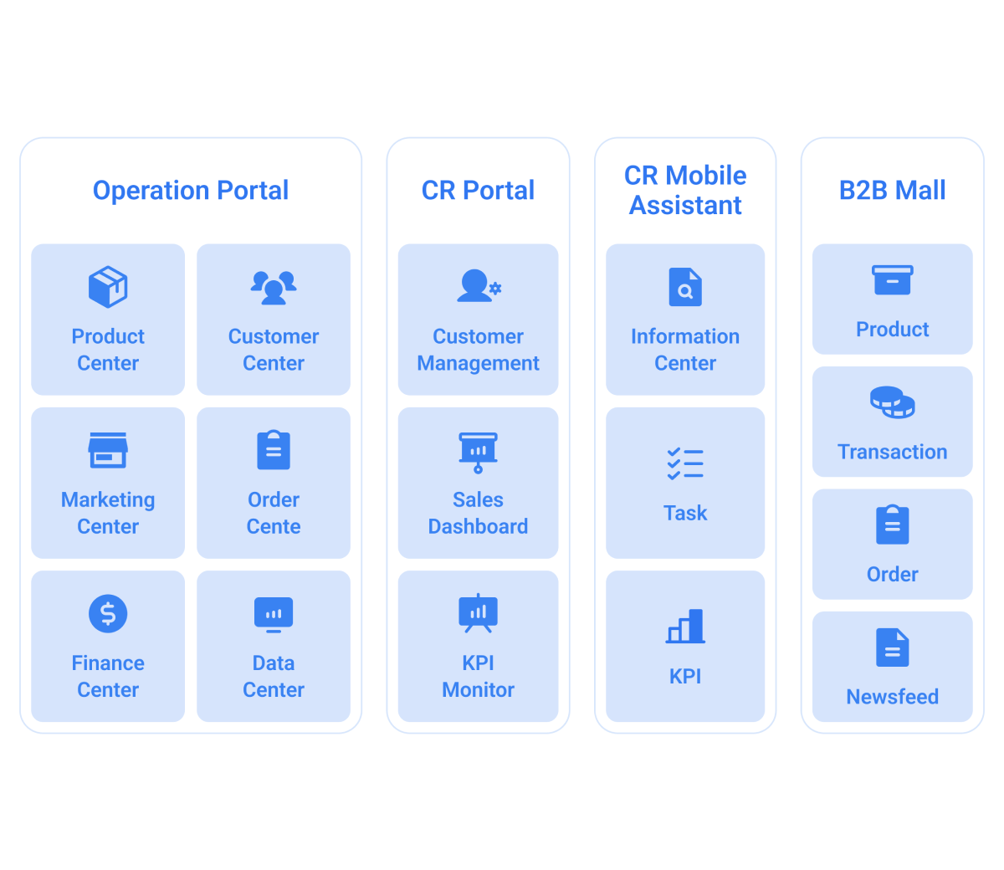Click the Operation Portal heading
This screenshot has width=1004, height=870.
point(191,191)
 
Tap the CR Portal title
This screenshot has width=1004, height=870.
point(478,191)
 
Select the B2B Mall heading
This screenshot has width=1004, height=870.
point(892,191)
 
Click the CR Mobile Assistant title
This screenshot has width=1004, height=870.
point(685,190)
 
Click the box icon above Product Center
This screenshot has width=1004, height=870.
point(108,287)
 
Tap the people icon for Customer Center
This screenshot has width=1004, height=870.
point(274,287)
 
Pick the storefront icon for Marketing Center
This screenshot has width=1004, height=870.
point(108,450)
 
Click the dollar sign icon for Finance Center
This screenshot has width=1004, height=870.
point(108,613)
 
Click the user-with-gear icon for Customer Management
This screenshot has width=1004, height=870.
point(478,286)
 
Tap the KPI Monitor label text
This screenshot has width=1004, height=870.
point(478,676)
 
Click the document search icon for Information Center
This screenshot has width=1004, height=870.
point(685,287)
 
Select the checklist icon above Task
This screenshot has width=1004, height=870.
point(685,463)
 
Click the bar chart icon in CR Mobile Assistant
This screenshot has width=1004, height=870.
point(685,626)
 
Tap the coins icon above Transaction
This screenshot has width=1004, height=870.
point(892,402)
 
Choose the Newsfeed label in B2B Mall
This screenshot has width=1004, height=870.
point(892,697)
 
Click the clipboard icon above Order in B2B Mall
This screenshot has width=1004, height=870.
point(892,525)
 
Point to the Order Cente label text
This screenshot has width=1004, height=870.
point(274,513)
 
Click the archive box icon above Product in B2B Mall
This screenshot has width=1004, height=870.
point(892,280)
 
